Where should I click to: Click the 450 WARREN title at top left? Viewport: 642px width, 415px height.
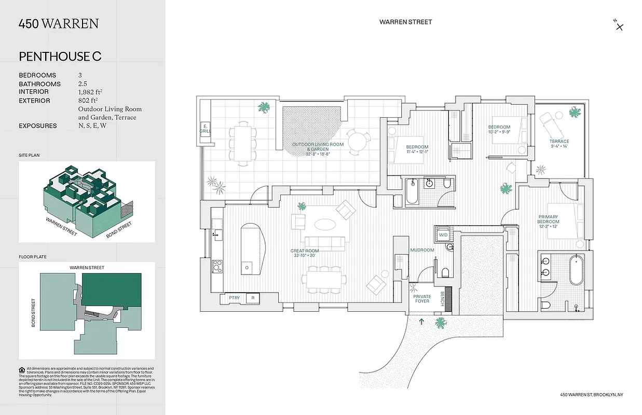(58, 24)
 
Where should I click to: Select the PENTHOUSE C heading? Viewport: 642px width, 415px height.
(60, 57)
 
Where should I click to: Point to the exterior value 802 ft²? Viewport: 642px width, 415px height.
(88, 101)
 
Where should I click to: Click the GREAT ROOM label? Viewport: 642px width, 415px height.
(304, 253)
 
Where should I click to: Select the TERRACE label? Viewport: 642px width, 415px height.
(559, 144)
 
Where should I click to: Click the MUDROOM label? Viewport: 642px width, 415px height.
(421, 250)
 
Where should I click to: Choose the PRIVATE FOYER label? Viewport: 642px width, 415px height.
(421, 299)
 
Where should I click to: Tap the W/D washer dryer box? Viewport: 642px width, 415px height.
(443, 235)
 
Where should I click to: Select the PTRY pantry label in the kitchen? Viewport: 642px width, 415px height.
(234, 298)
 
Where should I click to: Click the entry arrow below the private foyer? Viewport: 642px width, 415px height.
(421, 322)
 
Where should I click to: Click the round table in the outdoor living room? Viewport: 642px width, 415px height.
(358, 140)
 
